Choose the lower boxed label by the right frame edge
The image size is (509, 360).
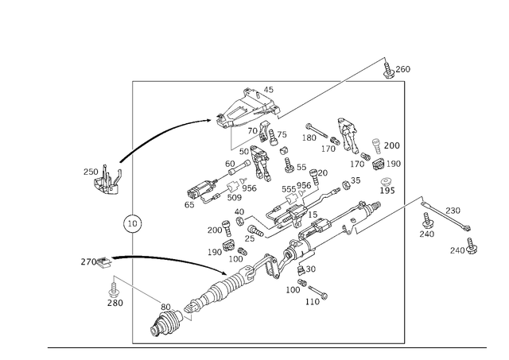tap(387, 186)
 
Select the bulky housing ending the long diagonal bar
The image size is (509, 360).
tap(165, 321)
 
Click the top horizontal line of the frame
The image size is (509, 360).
tap(183, 82)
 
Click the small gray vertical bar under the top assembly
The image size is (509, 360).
tap(231, 141)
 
